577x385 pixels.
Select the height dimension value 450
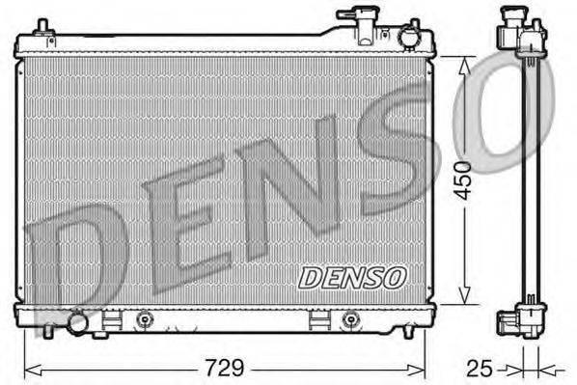tap(466, 180)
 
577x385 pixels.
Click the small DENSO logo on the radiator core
tap(352, 277)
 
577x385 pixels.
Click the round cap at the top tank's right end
tap(411, 37)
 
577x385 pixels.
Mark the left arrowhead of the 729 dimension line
tap(30, 369)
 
